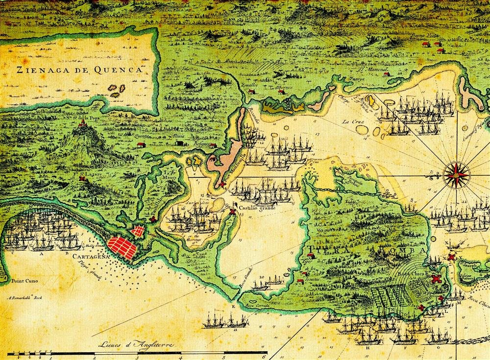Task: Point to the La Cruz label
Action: pos(352,121)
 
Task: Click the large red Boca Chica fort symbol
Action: pos(435,279)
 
